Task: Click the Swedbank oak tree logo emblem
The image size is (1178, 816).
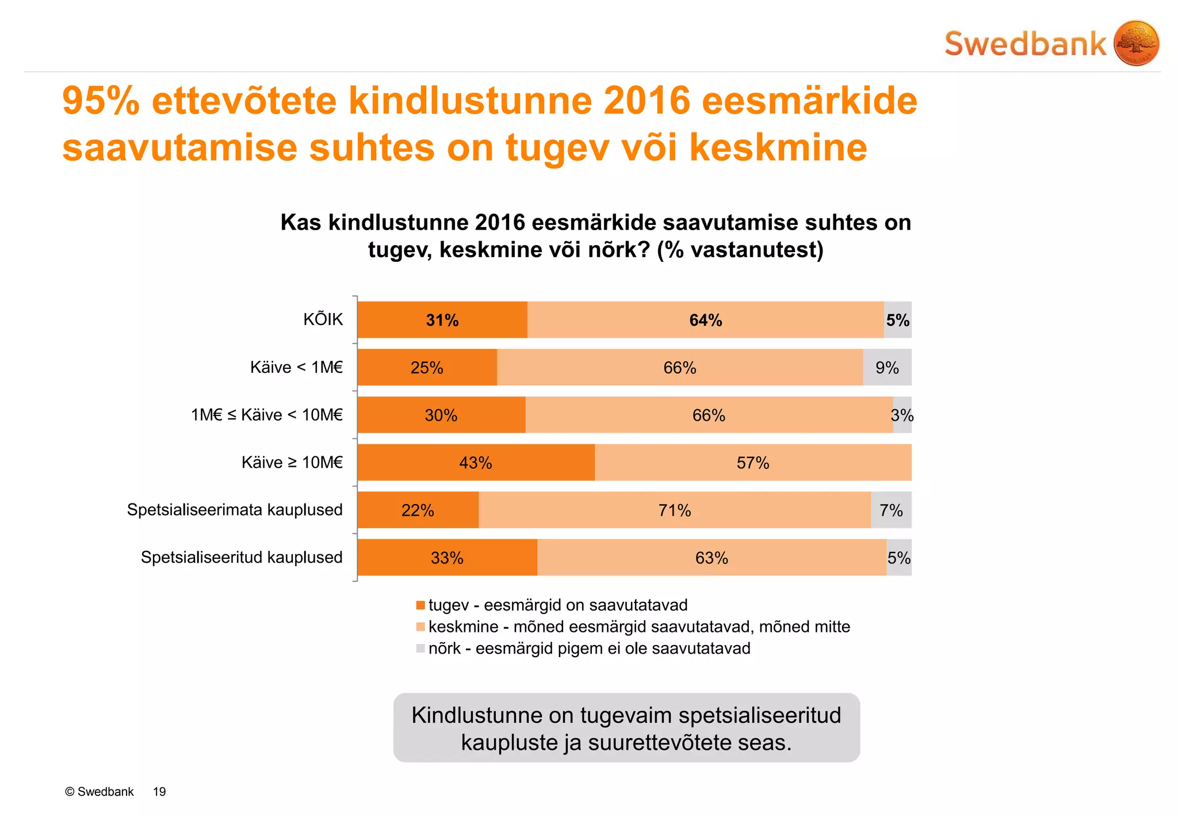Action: (1135, 43)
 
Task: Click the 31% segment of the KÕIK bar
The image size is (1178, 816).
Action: (442, 320)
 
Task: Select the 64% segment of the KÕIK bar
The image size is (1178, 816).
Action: (705, 320)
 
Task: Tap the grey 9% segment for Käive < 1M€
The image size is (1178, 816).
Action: (887, 368)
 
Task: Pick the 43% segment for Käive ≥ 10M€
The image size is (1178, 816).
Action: (475, 463)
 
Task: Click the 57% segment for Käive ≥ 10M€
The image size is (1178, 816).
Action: (752, 463)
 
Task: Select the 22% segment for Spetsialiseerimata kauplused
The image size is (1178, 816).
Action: (418, 510)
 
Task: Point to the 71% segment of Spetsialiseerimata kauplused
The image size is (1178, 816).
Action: (674, 510)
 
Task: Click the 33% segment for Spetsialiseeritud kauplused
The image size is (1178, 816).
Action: (447, 558)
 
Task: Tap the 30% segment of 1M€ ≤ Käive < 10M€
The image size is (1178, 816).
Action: (441, 415)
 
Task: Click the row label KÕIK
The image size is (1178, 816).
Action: (323, 319)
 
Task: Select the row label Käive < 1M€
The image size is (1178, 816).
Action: (296, 367)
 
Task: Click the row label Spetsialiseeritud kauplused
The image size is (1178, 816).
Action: (242, 557)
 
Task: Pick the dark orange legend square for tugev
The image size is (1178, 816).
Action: (420, 605)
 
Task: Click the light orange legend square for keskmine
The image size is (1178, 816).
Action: (420, 627)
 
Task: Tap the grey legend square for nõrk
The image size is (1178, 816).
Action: (420, 649)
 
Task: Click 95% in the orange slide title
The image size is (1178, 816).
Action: (101, 101)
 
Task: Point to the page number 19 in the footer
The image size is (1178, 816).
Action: (159, 792)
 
